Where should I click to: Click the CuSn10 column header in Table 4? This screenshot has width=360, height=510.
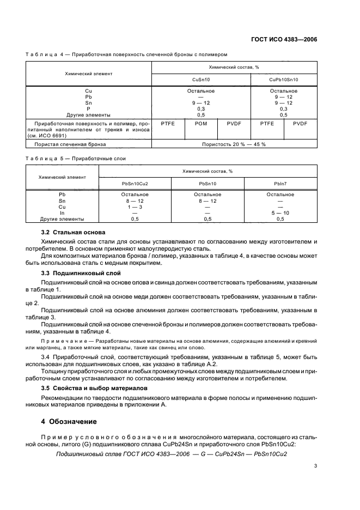click(x=200, y=80)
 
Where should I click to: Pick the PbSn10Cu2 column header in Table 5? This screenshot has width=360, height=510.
click(x=135, y=184)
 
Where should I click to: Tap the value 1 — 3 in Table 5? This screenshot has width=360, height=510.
click(x=135, y=207)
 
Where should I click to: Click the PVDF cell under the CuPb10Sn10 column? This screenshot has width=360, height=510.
click(x=300, y=124)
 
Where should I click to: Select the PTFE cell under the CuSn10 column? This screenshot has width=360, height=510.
click(x=167, y=124)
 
